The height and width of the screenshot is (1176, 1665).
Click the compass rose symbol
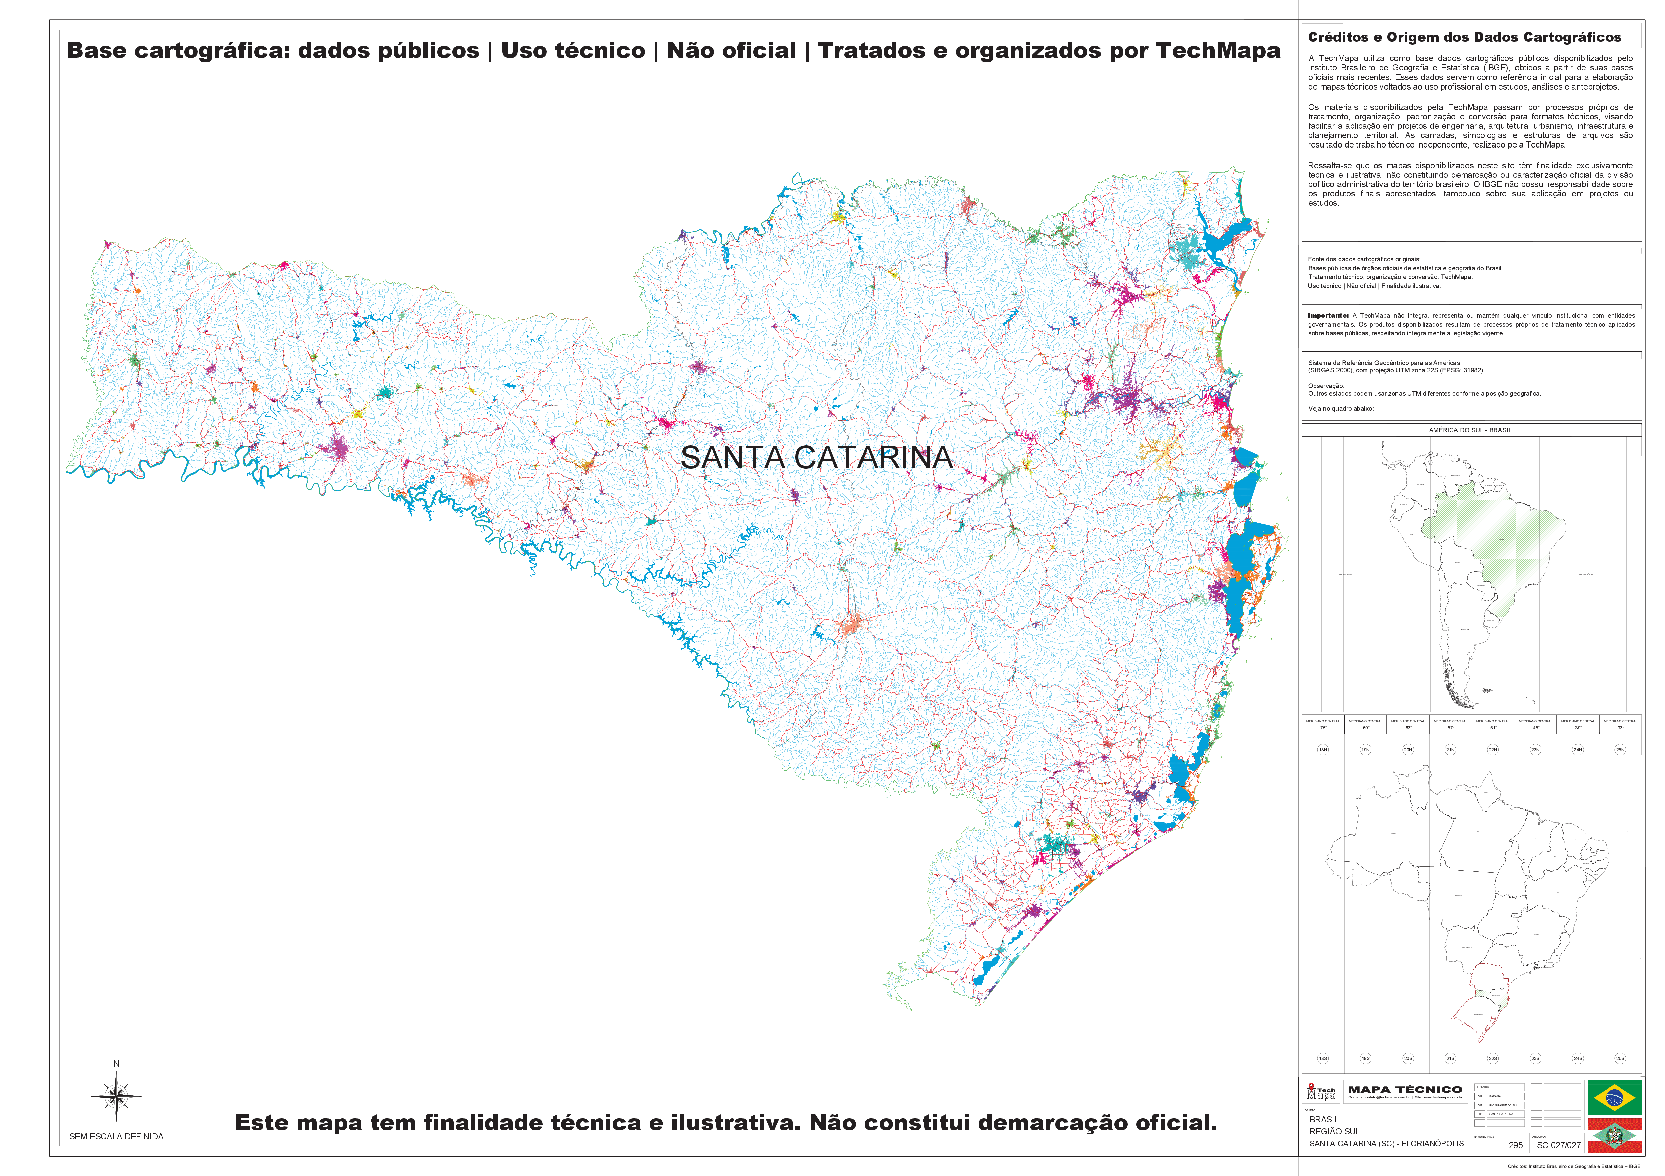tap(116, 1095)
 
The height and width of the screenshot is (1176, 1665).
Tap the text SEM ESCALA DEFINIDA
tap(116, 1136)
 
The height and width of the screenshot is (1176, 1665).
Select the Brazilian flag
tap(1614, 1097)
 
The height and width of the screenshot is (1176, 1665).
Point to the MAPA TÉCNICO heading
tap(1405, 1089)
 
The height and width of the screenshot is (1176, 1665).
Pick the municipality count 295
tap(1515, 1145)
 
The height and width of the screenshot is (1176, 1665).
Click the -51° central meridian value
tap(1492, 727)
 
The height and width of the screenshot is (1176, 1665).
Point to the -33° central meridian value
tap(1620, 727)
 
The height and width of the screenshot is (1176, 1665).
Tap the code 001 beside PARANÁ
tap(1480, 1096)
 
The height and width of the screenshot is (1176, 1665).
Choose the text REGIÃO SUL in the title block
tap(1334, 1131)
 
